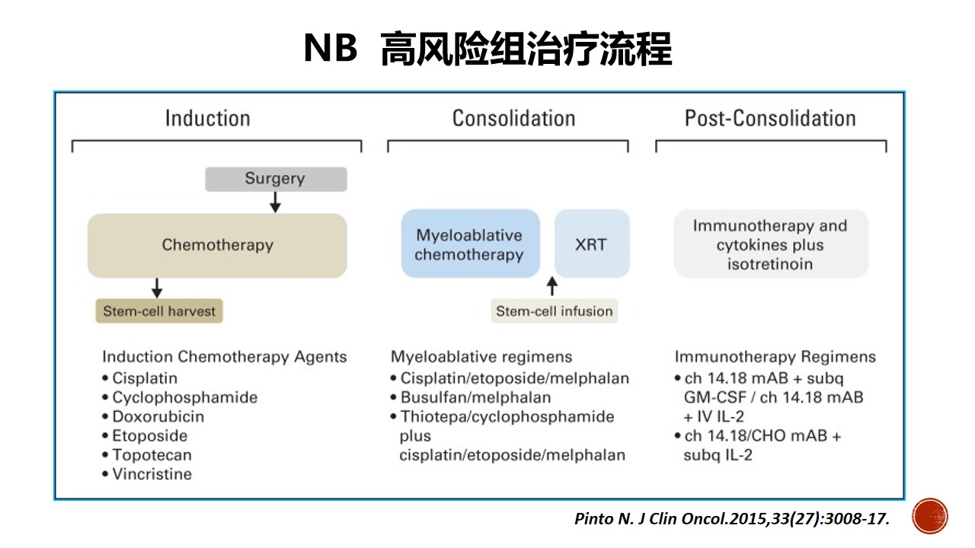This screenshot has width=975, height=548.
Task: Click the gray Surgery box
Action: click(x=276, y=179)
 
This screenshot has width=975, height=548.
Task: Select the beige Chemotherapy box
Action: click(x=217, y=245)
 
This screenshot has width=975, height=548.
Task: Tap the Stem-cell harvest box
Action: click(x=159, y=311)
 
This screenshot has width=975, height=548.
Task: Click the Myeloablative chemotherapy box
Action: click(x=470, y=244)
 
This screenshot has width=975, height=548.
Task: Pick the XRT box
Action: click(x=592, y=244)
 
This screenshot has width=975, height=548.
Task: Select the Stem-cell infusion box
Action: click(x=554, y=311)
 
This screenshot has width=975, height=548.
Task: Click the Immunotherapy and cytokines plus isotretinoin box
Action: click(x=771, y=244)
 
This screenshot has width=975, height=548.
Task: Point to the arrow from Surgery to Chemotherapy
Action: click(x=275, y=202)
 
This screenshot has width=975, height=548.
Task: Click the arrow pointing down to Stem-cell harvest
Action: click(x=157, y=288)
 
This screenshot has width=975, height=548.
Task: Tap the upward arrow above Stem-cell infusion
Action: click(x=552, y=286)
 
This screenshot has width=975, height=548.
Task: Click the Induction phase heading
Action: click(x=208, y=118)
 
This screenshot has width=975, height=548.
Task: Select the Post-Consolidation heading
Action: click(x=770, y=118)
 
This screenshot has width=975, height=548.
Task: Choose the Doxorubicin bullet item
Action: click(x=153, y=416)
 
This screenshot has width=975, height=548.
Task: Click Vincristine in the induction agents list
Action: click(x=147, y=474)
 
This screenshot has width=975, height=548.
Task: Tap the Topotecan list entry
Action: click(x=147, y=455)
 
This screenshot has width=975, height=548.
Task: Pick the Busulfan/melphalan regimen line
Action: click(x=471, y=397)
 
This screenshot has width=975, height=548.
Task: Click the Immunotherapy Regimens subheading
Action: click(x=775, y=357)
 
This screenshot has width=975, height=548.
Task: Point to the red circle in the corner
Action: click(x=930, y=516)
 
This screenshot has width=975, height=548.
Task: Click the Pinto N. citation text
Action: click(x=732, y=519)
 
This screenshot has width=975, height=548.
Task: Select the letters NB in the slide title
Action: click(x=331, y=48)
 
